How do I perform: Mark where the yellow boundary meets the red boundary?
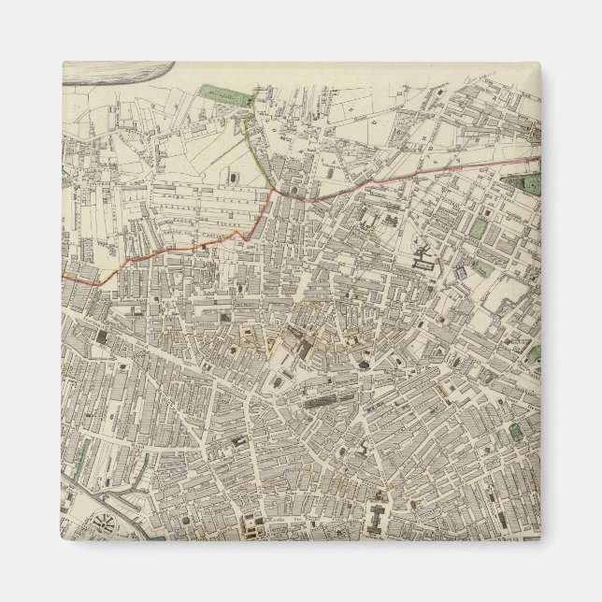[x=272, y=191]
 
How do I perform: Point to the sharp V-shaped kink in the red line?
[x=245, y=235]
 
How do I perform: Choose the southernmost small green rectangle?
[x=515, y=431]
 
